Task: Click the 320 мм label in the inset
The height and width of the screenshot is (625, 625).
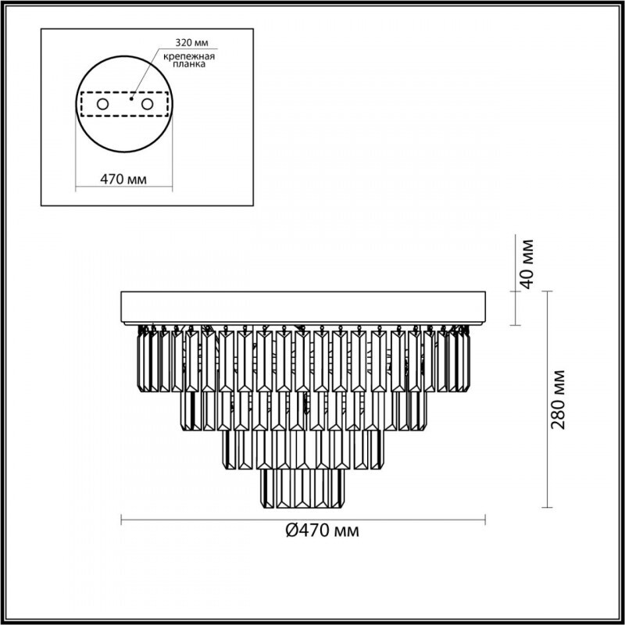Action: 191,43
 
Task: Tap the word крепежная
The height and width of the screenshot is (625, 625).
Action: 189,56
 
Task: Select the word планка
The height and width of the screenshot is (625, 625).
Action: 189,64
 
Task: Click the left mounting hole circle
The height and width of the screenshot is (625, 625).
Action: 103,105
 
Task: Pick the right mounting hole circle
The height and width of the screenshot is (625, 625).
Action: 147,105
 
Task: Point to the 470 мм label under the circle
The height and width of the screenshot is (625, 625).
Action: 123,180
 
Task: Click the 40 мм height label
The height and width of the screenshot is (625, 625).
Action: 527,264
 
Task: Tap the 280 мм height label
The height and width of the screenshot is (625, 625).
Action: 559,400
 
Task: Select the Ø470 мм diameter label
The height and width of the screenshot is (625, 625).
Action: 323,530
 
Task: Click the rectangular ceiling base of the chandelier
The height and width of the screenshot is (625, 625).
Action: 303,308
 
